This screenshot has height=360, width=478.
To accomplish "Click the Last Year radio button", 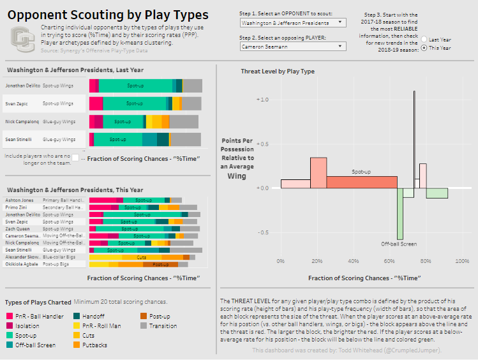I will pos(424,40).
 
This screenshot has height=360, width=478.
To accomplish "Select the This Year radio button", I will pos(424,48).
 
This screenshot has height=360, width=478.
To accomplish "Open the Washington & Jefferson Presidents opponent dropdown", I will pos(292,23).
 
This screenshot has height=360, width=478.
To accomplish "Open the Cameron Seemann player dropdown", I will pos(292,46).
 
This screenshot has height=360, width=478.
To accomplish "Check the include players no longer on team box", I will pos(75,157).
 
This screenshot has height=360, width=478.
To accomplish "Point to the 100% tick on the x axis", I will pos(462,261).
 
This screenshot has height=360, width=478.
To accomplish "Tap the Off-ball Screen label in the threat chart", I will pos(399,244).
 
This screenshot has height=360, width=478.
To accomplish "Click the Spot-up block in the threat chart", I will pos(362,181).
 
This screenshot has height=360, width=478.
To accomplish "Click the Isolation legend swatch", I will pos(9,326).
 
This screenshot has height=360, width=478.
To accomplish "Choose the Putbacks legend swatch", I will pos(78,345).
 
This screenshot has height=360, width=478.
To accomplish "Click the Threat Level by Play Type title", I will pos(278,71).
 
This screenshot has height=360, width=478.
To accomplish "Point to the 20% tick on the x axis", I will pos(317,261).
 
